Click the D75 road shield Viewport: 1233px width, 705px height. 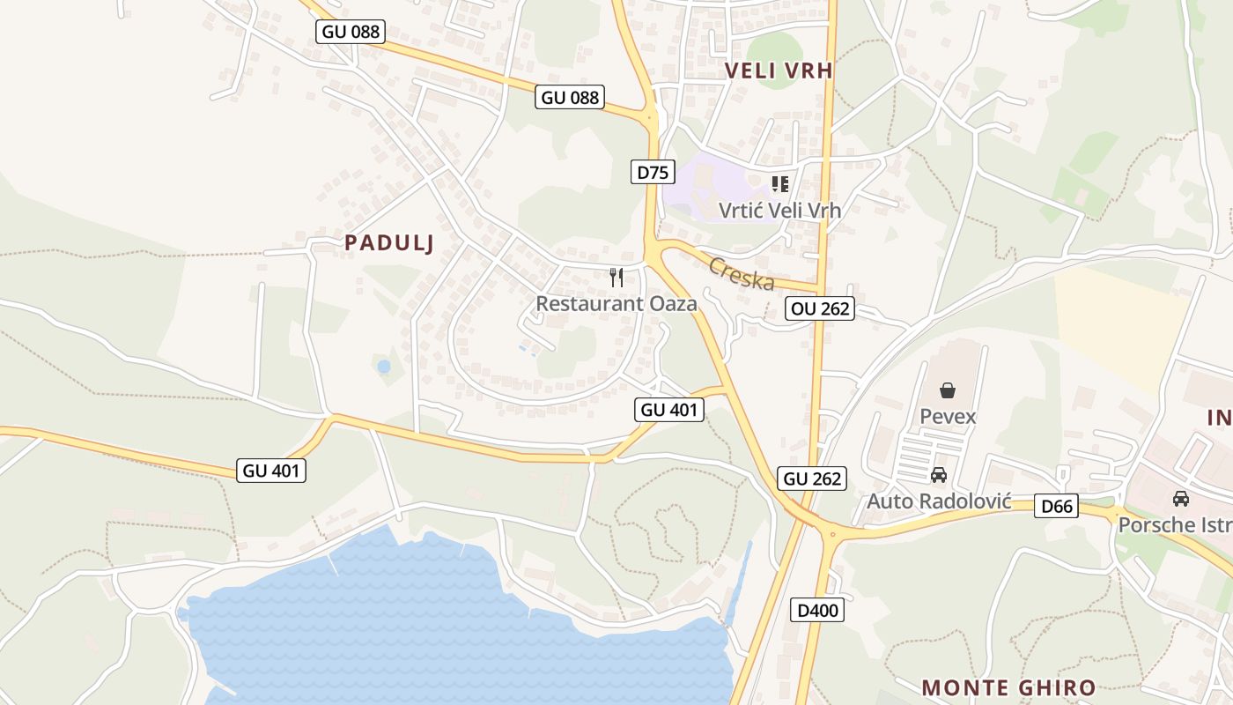tap(653, 172)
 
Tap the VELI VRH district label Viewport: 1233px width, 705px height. tap(779, 70)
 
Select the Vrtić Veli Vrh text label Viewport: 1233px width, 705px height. tap(779, 211)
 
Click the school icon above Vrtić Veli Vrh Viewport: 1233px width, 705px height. tap(779, 184)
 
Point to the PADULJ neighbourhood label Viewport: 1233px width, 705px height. tap(389, 243)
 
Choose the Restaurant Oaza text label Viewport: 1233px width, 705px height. tap(616, 304)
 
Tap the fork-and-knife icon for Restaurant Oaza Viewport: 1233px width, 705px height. tap(616, 278)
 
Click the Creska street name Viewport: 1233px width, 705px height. tap(742, 274)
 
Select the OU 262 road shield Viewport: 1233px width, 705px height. tap(819, 308)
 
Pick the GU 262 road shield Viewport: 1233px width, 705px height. tap(812, 479)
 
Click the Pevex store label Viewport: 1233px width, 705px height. tap(948, 416)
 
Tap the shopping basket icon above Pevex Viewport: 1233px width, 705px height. tap(948, 390)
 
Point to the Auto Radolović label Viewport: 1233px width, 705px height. tap(938, 501)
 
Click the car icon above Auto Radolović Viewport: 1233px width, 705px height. tap(939, 475)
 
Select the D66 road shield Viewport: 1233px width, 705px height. tap(1057, 506)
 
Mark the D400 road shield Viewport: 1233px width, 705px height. tap(817, 610)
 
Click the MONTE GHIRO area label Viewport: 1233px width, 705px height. tap(1008, 687)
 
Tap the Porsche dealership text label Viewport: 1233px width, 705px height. tap(1175, 525)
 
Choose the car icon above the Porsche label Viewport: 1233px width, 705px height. tap(1181, 499)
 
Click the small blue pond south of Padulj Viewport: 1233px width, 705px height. tap(383, 366)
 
